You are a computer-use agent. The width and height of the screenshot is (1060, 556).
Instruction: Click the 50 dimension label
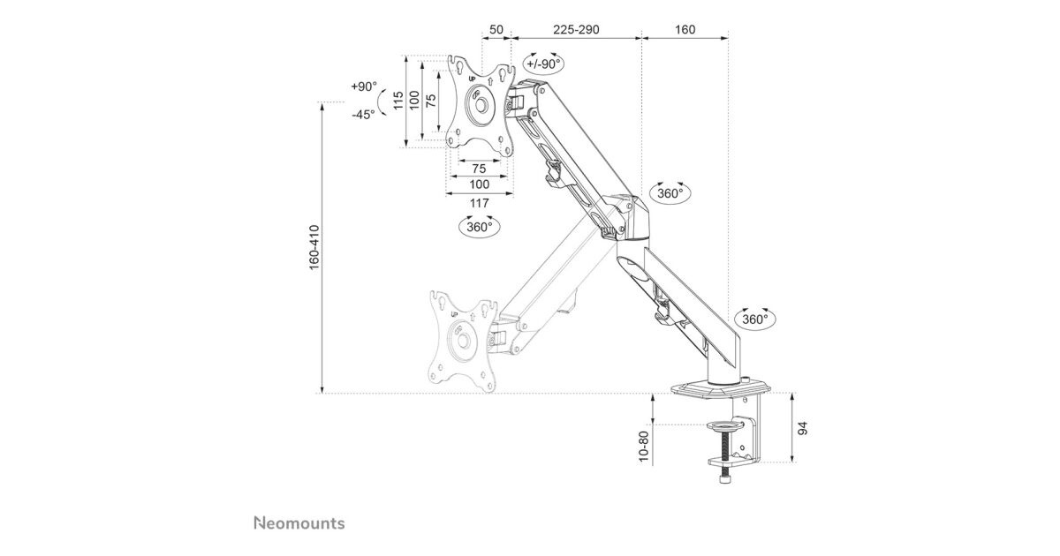(x=496, y=29)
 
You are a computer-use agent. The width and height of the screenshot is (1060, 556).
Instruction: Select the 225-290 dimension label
(x=576, y=29)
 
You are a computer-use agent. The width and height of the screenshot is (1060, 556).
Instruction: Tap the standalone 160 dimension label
(x=684, y=29)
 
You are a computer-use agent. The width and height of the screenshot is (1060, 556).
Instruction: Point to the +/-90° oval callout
(x=542, y=64)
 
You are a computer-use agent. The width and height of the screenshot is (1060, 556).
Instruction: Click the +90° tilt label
(x=363, y=87)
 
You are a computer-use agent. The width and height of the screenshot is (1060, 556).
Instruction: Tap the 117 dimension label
(x=479, y=203)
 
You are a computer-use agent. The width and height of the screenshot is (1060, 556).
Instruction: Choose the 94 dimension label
(x=802, y=429)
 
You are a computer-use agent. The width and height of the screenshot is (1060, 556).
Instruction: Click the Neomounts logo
(x=299, y=522)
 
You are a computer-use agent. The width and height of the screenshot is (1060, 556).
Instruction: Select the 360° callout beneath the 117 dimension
(x=479, y=227)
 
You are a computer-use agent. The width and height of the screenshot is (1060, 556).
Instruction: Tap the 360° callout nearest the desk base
(x=753, y=319)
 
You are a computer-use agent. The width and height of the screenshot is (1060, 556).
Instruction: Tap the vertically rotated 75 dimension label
(x=430, y=101)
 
